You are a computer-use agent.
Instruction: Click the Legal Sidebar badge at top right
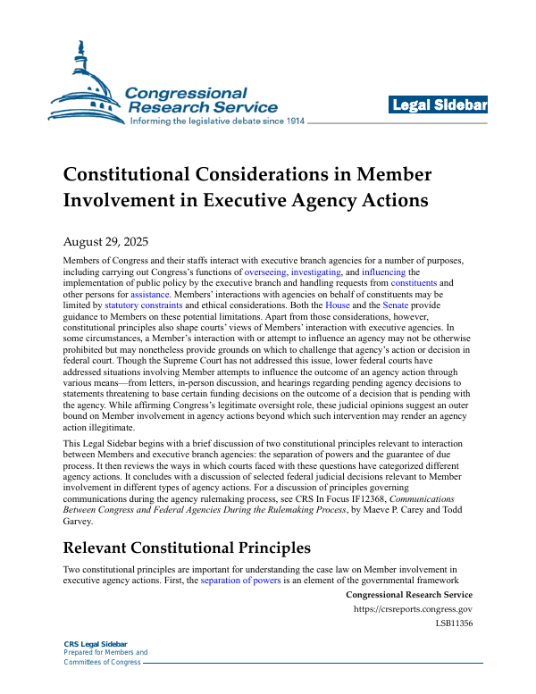439,106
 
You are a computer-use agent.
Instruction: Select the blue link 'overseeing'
264,271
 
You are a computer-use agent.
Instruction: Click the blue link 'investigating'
315,271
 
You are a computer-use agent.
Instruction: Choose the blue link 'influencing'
382,271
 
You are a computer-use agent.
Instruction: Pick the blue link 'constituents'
415,281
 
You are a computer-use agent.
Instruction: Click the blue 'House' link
337,305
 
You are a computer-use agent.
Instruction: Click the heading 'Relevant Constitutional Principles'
187,546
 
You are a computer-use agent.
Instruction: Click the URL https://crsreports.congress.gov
413,609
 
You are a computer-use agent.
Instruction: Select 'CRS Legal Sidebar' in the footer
96,644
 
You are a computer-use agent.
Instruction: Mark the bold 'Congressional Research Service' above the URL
408,595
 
